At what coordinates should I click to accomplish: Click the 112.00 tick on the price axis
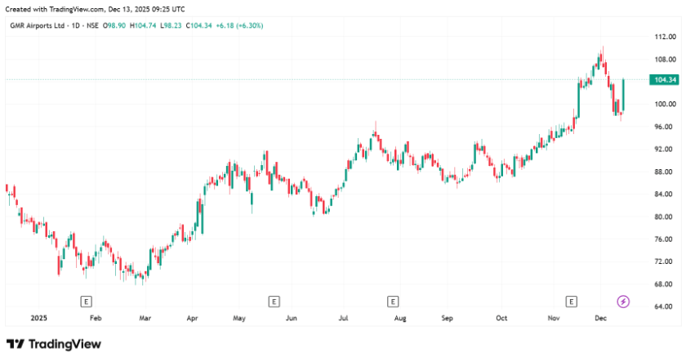pyautogui.click(x=664, y=38)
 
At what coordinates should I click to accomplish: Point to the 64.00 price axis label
pyautogui.click(x=664, y=306)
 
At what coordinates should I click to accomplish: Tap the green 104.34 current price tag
pyautogui.click(x=662, y=79)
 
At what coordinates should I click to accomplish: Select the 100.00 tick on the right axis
pyautogui.click(x=664, y=105)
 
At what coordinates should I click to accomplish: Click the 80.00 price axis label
pyautogui.click(x=664, y=217)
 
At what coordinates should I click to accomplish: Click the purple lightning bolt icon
pyautogui.click(x=623, y=302)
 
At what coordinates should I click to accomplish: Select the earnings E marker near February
pyautogui.click(x=85, y=302)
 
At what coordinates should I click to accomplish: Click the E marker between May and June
pyautogui.click(x=274, y=302)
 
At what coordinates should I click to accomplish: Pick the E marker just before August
pyautogui.click(x=393, y=302)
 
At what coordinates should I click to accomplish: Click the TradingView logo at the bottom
pyautogui.click(x=54, y=344)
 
